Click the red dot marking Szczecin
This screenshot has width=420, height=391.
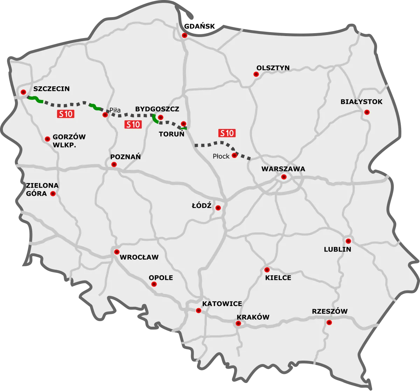(23, 92)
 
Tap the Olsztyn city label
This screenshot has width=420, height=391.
(273, 68)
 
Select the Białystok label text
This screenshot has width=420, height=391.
(362, 102)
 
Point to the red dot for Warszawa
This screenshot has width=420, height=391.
(284, 177)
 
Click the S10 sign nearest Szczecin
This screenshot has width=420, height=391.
(65, 114)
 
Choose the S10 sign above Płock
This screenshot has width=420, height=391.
(227, 133)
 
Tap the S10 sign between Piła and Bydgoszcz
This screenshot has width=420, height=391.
(133, 124)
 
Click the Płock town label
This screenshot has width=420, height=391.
(221, 156)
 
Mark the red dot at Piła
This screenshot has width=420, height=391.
(105, 115)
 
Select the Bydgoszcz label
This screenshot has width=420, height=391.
(157, 109)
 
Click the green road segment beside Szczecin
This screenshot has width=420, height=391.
(35, 100)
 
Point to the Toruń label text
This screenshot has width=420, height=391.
(171, 134)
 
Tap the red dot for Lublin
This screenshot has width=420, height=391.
(348, 241)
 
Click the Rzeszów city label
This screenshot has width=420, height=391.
(330, 312)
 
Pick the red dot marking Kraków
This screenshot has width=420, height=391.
(238, 324)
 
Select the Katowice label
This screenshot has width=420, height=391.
(222, 304)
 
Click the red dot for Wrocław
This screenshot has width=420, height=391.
(117, 252)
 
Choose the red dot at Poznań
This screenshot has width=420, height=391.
(113, 164)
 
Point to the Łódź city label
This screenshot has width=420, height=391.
(202, 205)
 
